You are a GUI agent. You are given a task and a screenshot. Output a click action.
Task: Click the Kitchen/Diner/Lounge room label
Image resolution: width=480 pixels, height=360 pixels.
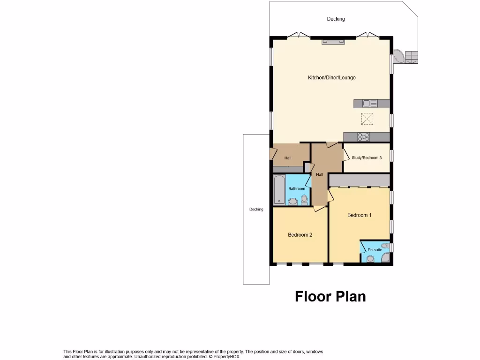pyautogui.click(x=331, y=77)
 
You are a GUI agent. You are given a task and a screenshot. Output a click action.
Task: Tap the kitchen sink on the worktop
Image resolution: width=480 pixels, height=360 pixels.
pyautogui.click(x=367, y=103)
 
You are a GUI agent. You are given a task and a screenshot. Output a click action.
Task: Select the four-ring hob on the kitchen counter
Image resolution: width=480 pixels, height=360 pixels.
pyautogui.click(x=363, y=137)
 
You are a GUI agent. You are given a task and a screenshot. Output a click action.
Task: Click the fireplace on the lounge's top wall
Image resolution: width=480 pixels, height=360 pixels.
pyautogui.click(x=333, y=42)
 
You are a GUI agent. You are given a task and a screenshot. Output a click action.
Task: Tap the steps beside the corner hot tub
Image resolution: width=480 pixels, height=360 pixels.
pyautogui.click(x=411, y=57)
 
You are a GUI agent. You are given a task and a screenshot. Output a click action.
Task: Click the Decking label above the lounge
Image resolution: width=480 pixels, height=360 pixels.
pyautogui.click(x=336, y=19)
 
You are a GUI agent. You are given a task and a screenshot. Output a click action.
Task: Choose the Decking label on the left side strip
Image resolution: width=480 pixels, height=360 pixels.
pyautogui.click(x=256, y=209)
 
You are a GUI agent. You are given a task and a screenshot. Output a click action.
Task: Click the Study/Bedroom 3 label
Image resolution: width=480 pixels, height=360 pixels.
pyautogui.click(x=367, y=158)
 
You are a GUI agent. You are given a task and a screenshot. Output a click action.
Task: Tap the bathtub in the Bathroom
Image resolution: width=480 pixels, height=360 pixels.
pyautogui.click(x=278, y=190)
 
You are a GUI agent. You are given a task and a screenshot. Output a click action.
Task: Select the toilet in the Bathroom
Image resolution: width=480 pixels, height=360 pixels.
pyautogui.click(x=304, y=200)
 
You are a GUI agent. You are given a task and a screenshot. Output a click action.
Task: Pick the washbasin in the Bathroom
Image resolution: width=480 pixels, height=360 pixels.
pyautogui.click(x=292, y=202)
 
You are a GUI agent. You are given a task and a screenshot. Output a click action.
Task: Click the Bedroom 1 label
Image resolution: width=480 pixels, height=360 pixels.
pyautogui.click(x=359, y=215)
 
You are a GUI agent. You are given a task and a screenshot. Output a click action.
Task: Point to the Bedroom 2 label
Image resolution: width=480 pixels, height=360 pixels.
pyautogui.click(x=300, y=235)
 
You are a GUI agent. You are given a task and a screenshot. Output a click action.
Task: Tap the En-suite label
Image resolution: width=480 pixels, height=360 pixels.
pyautogui.click(x=375, y=250)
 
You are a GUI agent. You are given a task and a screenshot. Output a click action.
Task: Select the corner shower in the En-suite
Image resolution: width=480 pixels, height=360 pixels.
pyautogui.click(x=385, y=259)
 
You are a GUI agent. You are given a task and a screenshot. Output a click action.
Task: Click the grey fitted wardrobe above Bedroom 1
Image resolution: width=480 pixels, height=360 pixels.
pyautogui.click(x=360, y=180)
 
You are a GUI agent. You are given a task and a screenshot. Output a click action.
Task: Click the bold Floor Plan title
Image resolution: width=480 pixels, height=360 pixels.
pyautogui.click(x=330, y=296)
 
